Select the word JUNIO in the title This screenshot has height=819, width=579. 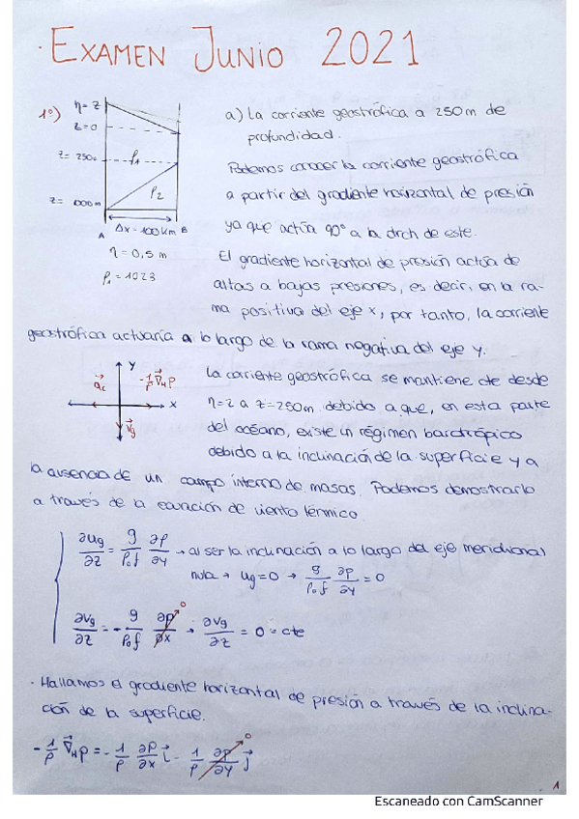(x=238, y=52)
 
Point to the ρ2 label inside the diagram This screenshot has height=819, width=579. (x=156, y=193)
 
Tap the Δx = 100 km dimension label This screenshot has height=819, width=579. (x=145, y=232)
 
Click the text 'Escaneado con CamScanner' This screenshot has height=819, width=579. (x=458, y=801)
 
